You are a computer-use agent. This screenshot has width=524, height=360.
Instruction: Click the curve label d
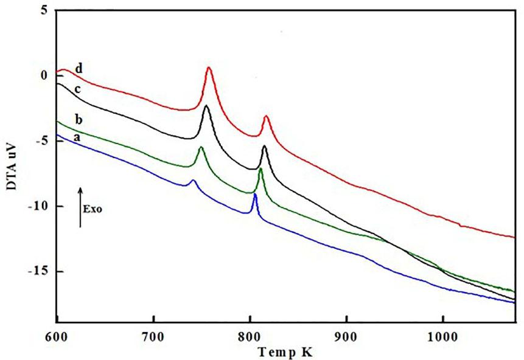point(79,67)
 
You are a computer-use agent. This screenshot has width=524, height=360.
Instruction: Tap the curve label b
point(77,118)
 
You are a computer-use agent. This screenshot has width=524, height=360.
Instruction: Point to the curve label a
point(77,138)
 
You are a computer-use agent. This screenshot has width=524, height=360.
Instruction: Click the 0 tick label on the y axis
point(43,76)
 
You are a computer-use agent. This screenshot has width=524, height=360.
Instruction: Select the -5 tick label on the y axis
point(40,141)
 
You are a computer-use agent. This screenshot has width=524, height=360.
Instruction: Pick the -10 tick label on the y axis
point(38,206)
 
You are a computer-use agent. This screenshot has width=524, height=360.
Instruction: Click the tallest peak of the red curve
point(209,67)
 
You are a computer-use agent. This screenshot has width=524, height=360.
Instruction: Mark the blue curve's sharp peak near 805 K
point(255,194)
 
